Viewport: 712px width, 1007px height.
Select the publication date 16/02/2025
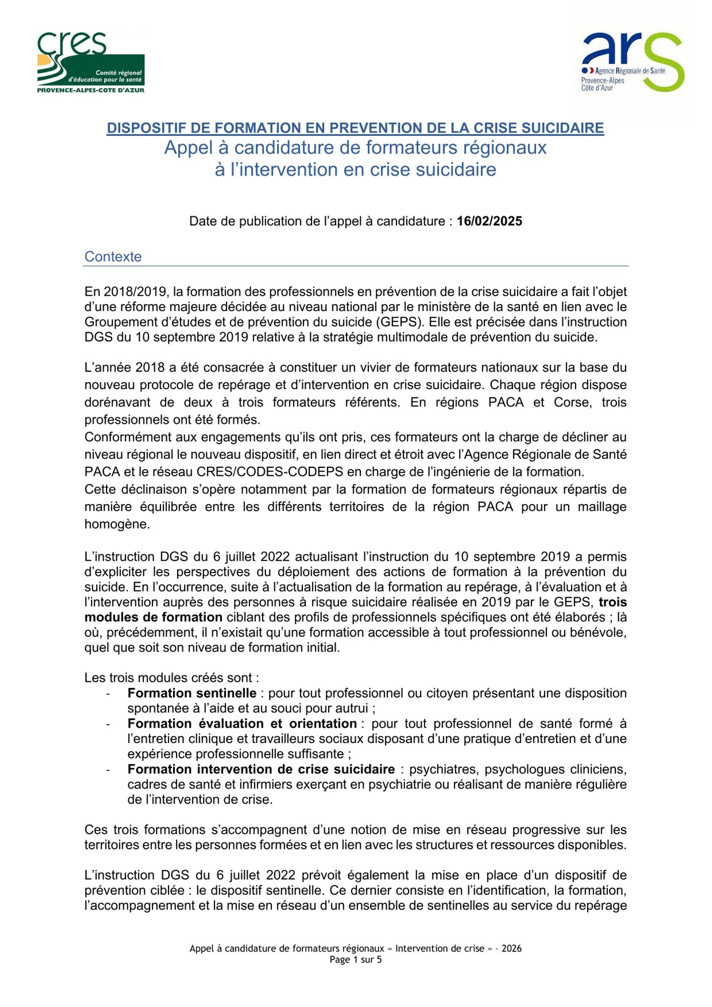(489, 222)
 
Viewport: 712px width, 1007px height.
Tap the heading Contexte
(113, 257)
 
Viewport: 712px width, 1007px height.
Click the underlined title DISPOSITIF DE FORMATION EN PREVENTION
(355, 128)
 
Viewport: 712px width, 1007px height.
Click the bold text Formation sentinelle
(192, 693)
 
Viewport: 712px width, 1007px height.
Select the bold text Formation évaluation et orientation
(242, 724)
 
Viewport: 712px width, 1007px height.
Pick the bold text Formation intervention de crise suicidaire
(261, 769)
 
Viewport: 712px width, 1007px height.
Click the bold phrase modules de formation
(153, 617)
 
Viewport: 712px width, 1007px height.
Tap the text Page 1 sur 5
(355, 960)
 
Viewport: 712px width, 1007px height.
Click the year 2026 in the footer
(511, 949)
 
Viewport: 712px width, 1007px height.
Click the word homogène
(117, 524)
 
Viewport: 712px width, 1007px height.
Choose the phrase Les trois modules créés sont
(172, 678)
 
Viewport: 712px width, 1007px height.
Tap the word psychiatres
(442, 769)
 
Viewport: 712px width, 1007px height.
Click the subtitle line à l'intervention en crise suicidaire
(355, 170)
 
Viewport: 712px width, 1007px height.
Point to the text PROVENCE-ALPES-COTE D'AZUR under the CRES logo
(91, 90)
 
